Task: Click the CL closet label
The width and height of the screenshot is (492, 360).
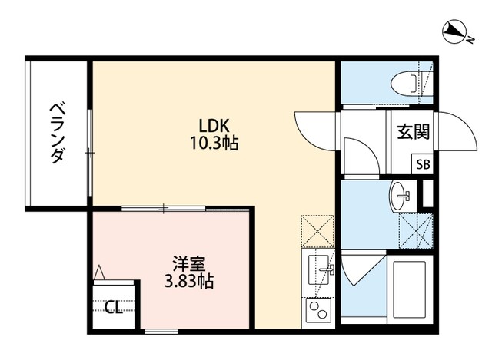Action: pyautogui.click(x=113, y=309)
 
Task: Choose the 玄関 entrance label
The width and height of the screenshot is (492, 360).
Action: pyautogui.click(x=413, y=132)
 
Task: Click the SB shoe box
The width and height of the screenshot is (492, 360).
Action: pyautogui.click(x=424, y=163)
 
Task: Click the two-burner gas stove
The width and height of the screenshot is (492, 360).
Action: pyautogui.click(x=317, y=312)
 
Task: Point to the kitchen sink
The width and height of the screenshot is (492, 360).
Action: pyautogui.click(x=317, y=269)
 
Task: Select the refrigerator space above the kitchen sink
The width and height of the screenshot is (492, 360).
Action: pyautogui.click(x=317, y=230)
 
